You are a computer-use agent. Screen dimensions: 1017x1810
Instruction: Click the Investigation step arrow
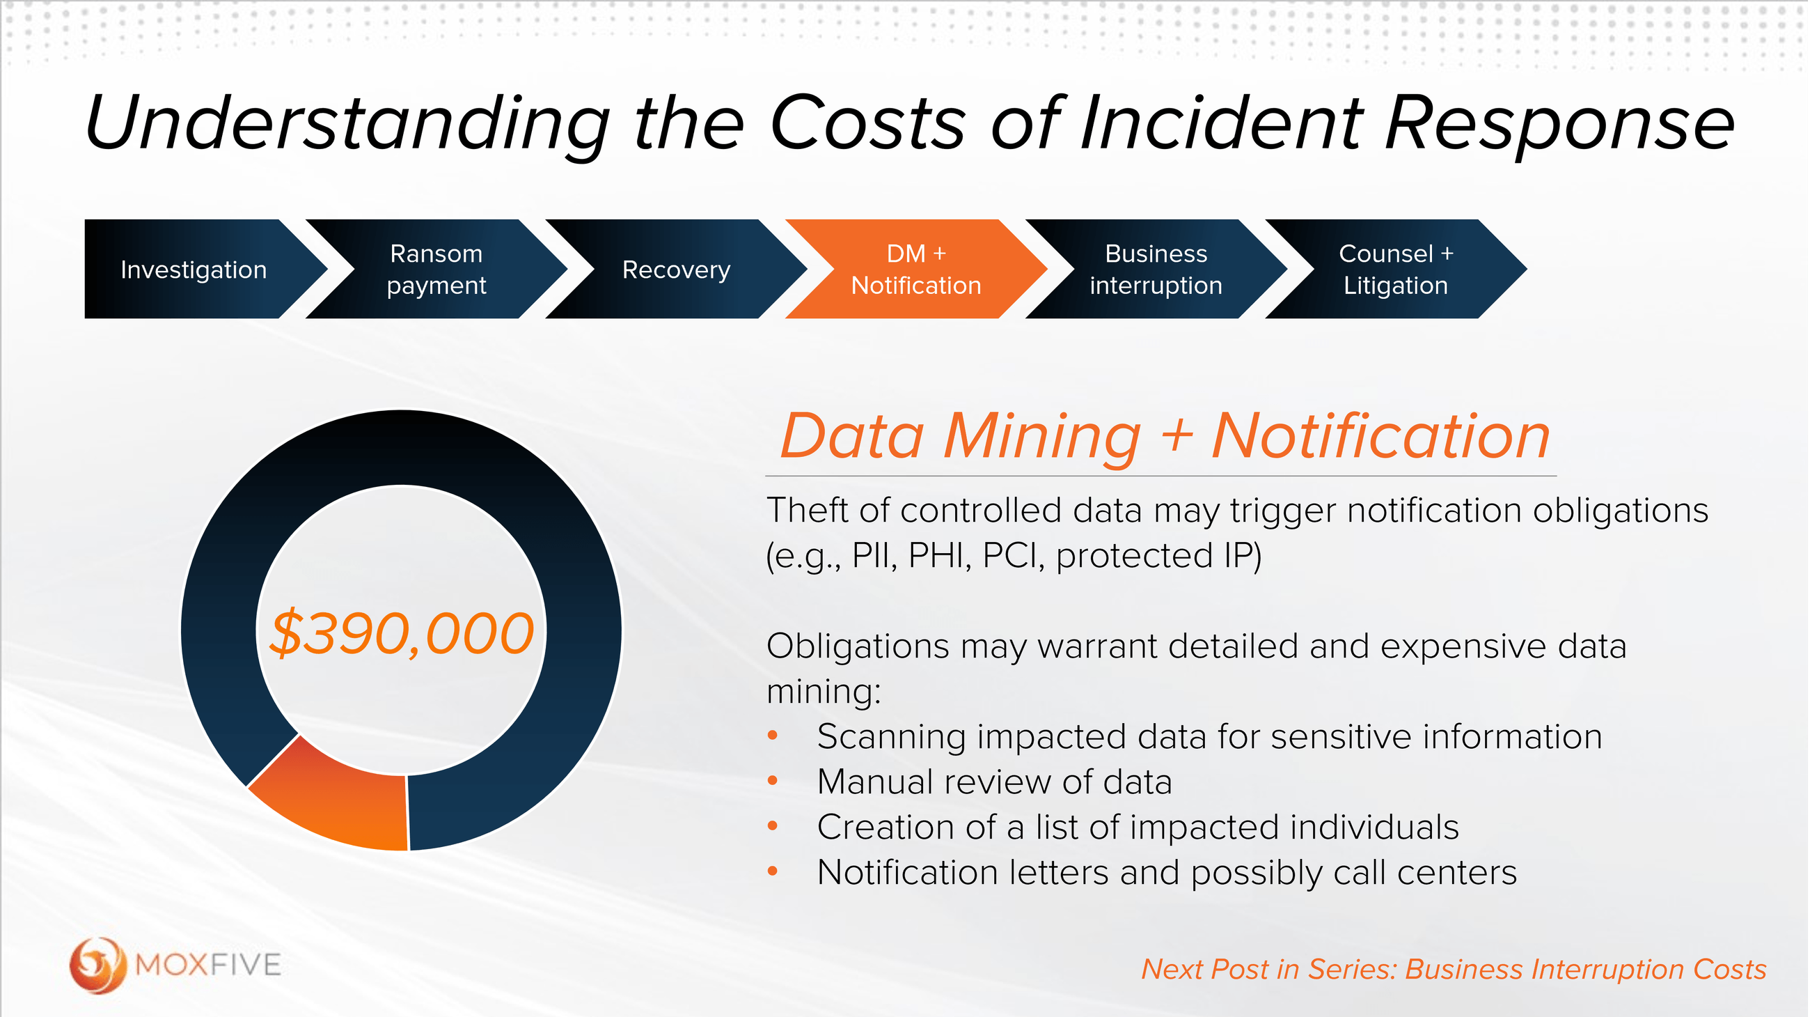pos(194,269)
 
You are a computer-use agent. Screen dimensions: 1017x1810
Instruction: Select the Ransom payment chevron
pos(436,269)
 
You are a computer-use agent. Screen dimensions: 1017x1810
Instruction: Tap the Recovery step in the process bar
pos(676,269)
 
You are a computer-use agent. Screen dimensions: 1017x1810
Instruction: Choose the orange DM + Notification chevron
pos(915,269)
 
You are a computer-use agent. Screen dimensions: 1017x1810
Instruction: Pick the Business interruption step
pos(1156,269)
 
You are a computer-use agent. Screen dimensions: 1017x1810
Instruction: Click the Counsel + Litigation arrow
pos(1396,269)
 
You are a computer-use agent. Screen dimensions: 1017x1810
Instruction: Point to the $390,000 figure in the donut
pos(402,633)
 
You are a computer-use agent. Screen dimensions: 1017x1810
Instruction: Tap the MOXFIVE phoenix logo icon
pos(97,965)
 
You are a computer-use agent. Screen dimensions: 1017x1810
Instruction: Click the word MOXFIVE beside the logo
pos(209,965)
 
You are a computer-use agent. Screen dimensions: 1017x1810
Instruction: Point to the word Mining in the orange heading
pos(1042,437)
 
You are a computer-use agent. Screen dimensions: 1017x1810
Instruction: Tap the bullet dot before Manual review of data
pos(773,781)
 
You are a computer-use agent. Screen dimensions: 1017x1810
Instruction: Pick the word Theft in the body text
pos(808,510)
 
